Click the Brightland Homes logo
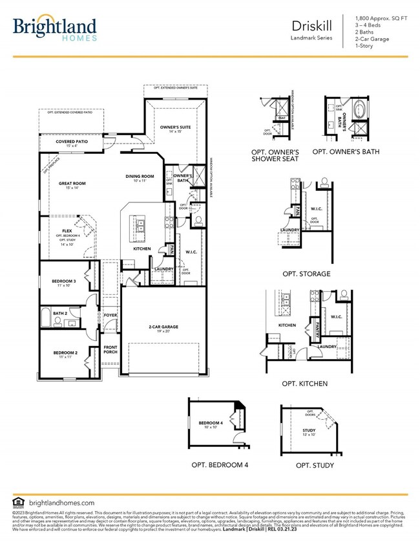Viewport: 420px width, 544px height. (55, 28)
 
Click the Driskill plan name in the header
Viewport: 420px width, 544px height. (311, 27)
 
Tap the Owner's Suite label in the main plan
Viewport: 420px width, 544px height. (175, 127)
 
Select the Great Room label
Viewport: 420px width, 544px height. (72, 184)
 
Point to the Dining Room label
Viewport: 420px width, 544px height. (140, 176)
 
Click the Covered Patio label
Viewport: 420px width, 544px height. (71, 141)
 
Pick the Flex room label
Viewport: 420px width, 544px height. (67, 230)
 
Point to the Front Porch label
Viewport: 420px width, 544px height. (110, 349)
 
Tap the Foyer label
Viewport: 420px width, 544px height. (110, 315)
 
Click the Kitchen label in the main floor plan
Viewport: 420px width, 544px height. (142, 248)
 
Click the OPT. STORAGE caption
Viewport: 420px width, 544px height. (306, 274)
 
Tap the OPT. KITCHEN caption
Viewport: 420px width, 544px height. (304, 384)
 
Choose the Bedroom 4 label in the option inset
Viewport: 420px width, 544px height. (211, 423)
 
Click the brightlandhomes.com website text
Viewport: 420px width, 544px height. (62, 503)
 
